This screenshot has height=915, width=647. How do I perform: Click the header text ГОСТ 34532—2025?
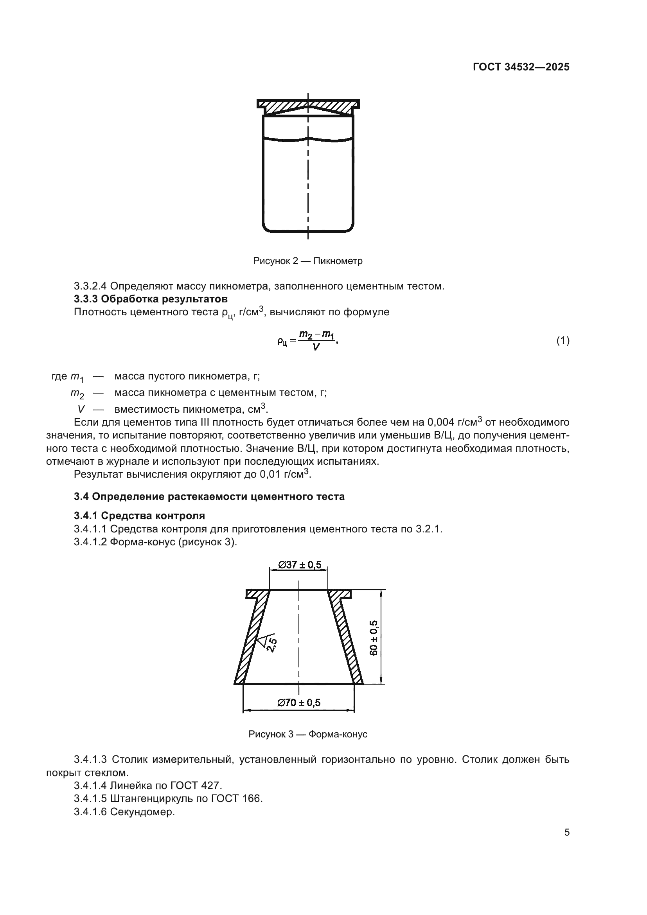[x=521, y=67]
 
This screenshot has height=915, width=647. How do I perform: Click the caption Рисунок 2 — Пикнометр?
[x=307, y=261]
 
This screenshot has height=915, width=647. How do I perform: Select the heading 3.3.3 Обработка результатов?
[x=151, y=299]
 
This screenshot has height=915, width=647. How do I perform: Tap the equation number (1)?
[x=563, y=340]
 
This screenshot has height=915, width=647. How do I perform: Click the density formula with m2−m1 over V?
[x=308, y=341]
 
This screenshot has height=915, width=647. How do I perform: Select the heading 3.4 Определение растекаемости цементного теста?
[x=209, y=496]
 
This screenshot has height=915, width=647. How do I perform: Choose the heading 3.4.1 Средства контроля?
[x=139, y=516]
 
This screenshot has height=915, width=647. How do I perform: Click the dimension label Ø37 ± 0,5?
[x=299, y=565]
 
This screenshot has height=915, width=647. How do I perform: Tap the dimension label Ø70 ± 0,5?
[x=299, y=702]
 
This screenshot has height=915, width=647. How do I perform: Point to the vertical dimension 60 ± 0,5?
[x=374, y=638]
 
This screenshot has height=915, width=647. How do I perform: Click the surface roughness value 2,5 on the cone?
[x=272, y=645]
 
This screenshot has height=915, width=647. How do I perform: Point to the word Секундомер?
[x=143, y=812]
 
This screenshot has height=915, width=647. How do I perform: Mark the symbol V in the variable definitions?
[x=81, y=409]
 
